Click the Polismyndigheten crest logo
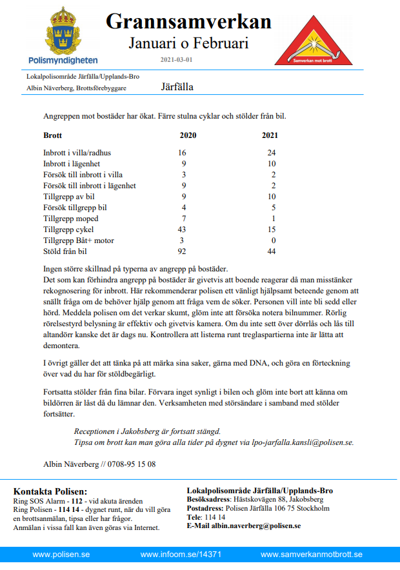tap(63, 32)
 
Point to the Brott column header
tap(53, 135)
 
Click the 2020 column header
tap(188, 135)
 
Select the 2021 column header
tap(271, 135)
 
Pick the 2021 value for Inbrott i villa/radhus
tap(271, 153)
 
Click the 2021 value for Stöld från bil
tap(271, 251)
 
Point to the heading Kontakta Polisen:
tap(50, 491)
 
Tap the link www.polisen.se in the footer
tap(61, 555)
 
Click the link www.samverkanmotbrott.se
tap(312, 555)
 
